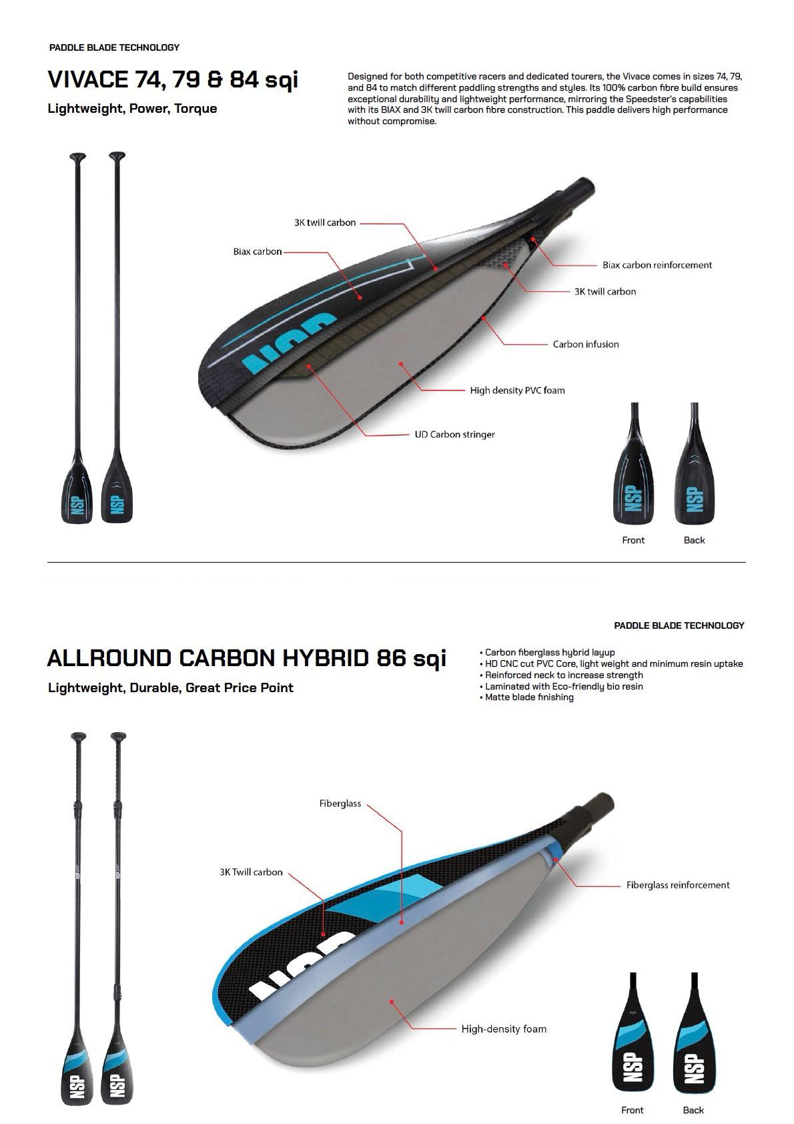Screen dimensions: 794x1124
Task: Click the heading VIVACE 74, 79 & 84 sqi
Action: (173, 79)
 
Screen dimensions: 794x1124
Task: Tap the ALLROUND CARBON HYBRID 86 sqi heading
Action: (246, 658)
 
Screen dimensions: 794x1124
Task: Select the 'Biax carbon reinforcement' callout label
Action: (657, 265)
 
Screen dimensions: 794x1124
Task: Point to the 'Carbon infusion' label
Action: (585, 344)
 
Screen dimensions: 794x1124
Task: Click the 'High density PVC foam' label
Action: (517, 390)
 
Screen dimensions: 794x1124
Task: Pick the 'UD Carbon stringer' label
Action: (454, 435)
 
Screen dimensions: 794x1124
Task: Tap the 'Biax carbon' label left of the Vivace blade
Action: (257, 252)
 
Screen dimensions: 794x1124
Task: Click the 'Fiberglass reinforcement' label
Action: (677, 885)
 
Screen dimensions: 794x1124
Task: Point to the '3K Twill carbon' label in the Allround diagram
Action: (251, 872)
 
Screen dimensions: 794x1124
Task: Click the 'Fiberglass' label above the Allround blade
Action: (340, 804)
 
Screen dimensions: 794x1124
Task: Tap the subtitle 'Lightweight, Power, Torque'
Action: (132, 108)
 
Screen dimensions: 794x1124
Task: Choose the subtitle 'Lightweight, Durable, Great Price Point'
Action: (170, 687)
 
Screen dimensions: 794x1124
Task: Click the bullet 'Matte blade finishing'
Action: (529, 697)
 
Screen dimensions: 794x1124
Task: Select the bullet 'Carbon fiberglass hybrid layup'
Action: (549, 653)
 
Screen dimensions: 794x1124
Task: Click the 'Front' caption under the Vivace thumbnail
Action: (633, 540)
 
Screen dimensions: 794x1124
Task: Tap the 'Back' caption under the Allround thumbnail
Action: (693, 1110)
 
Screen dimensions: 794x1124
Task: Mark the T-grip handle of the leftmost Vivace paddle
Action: (78, 158)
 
